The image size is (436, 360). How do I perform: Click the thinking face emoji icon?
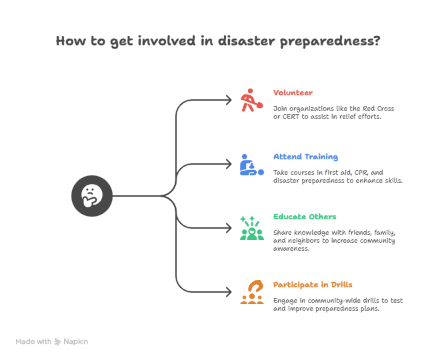click(x=91, y=195)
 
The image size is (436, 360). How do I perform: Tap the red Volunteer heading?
click(x=293, y=92)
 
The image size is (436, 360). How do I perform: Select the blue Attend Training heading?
click(x=305, y=157)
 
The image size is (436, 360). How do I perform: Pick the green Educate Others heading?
click(x=304, y=217)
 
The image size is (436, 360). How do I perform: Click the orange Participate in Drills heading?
click(x=313, y=284)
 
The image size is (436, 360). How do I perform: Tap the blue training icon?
click(x=251, y=165)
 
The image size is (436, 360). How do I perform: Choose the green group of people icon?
click(x=251, y=228)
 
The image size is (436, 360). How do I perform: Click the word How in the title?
click(x=70, y=41)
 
